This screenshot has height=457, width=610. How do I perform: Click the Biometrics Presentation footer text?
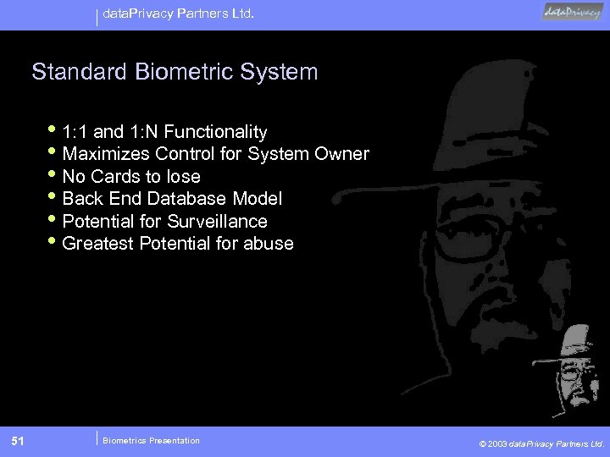point(151,440)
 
